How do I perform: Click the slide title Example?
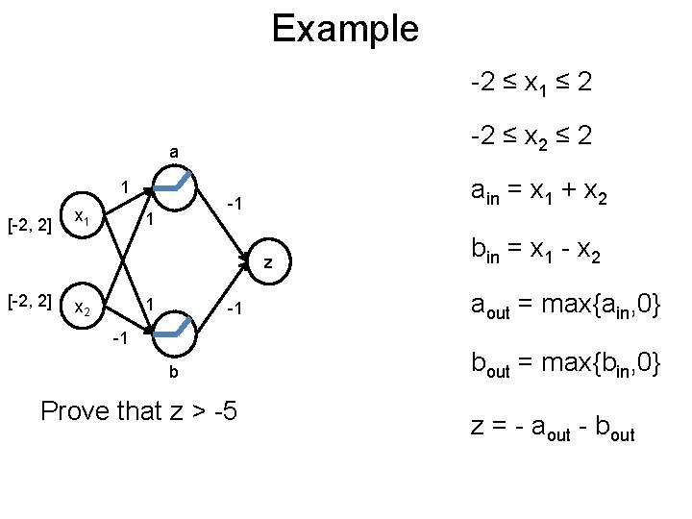(345, 29)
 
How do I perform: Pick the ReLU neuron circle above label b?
(174, 332)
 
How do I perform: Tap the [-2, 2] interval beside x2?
(29, 305)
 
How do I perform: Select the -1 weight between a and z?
(234, 204)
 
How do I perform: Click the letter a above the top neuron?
(173, 151)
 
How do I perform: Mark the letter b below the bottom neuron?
(173, 372)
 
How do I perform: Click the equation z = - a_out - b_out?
(553, 427)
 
